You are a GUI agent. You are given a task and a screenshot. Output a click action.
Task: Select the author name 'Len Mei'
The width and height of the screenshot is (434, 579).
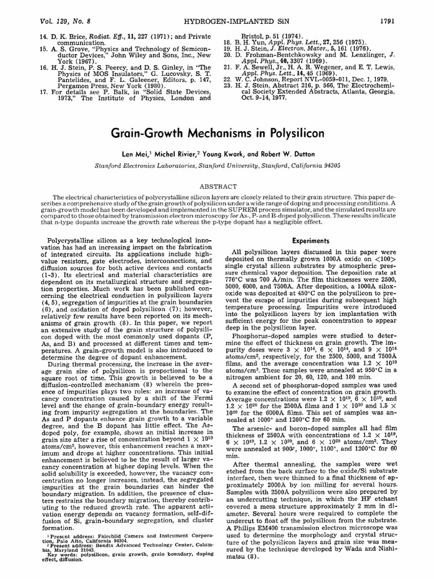pos(143,153)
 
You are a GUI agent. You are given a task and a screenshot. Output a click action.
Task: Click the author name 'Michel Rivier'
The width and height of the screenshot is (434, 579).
pos(179,153)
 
